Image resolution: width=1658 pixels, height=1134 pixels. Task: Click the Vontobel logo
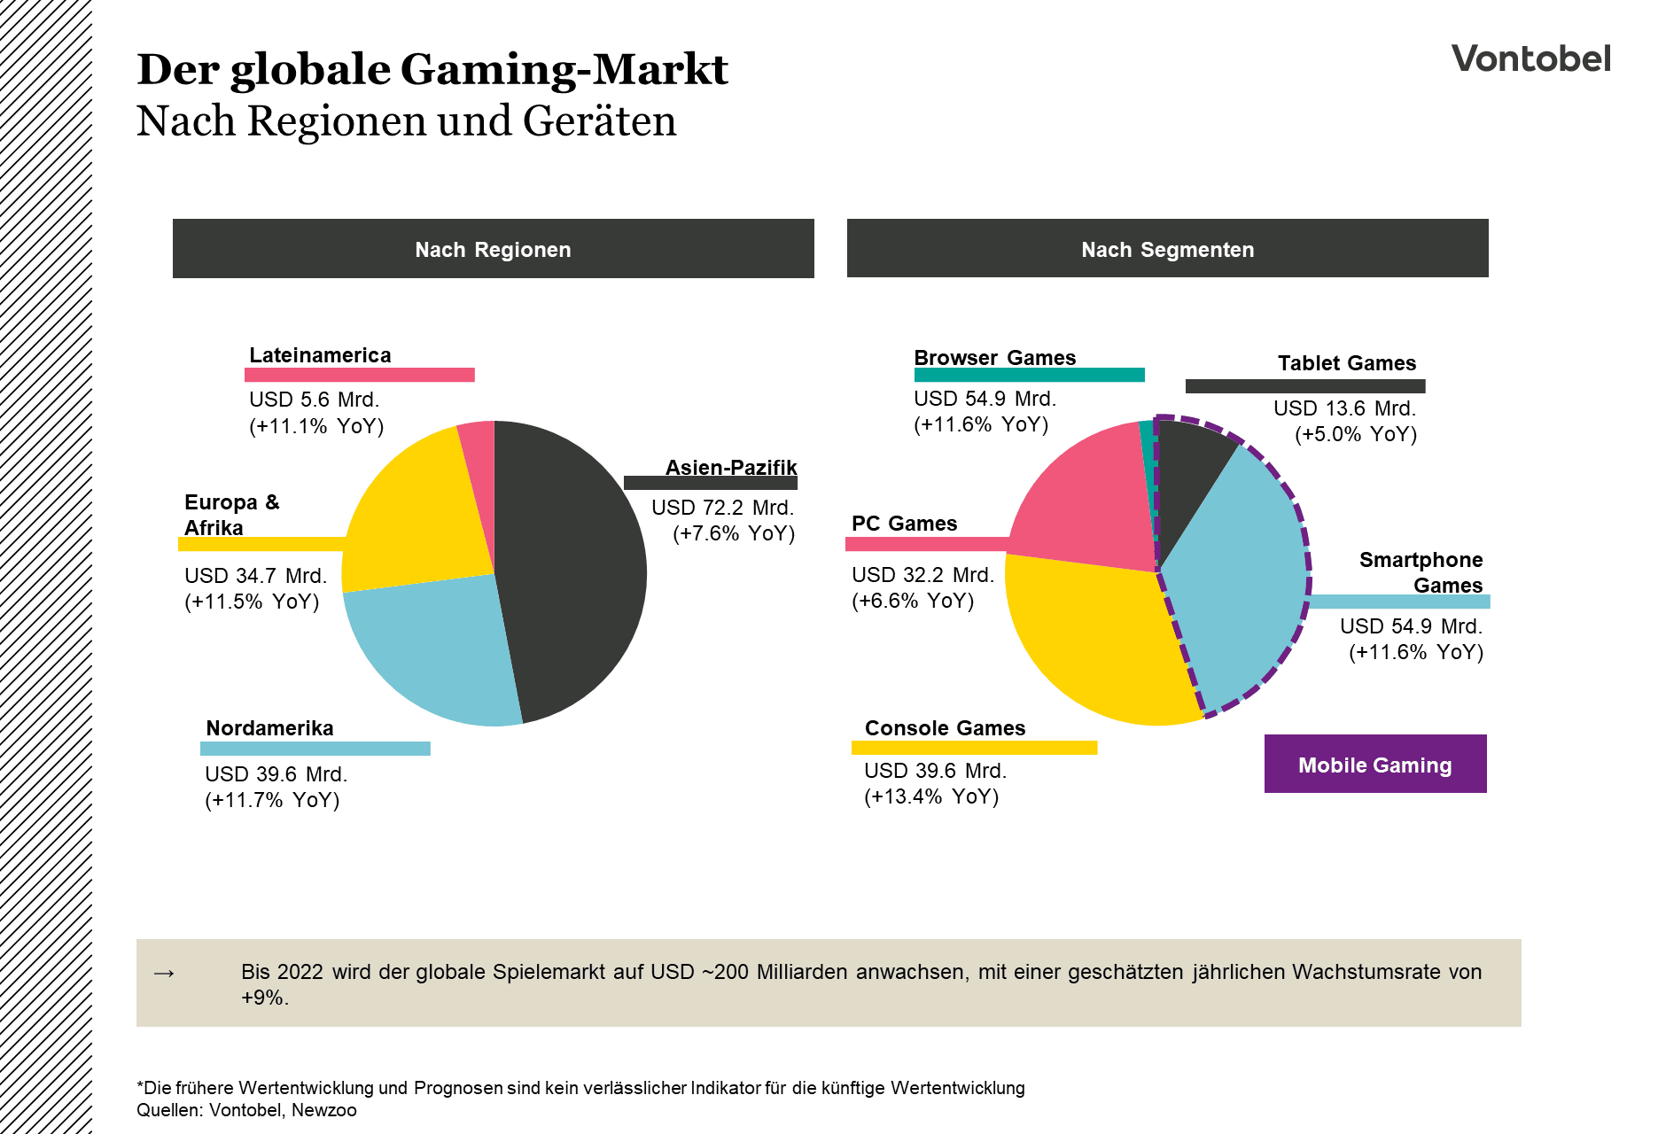1530,58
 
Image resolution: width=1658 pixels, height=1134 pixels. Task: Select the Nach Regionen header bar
493,249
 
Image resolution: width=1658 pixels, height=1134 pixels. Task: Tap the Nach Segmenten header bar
1167,249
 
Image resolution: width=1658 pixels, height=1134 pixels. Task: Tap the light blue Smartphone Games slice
1241,576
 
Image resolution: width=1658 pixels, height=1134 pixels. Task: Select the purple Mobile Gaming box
1374,764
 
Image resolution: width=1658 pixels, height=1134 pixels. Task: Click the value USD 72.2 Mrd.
722,508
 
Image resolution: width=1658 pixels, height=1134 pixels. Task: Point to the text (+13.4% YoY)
931,796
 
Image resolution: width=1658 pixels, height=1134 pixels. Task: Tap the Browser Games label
994,358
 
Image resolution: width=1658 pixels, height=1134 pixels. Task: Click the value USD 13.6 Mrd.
1344,408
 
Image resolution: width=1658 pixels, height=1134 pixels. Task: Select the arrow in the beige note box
164,973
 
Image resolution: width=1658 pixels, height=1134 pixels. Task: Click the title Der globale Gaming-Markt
432,69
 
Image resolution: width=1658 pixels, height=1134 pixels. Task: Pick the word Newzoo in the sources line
323,1110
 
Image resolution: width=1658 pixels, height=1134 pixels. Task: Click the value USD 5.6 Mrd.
314,400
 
